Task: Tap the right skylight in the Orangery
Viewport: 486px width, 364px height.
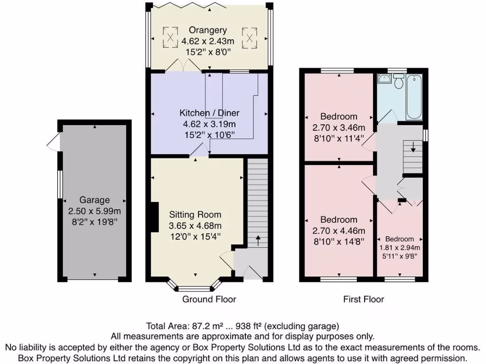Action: pos(248,37)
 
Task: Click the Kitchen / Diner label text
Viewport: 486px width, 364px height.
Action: pos(209,113)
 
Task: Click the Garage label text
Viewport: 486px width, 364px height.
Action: pos(94,200)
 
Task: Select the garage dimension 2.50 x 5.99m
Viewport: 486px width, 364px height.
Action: pos(94,211)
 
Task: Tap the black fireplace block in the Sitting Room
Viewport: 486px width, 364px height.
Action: pos(154,218)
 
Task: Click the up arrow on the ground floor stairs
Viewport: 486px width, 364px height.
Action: pos(258,239)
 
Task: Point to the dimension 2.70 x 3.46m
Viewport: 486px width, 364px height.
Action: pos(338,127)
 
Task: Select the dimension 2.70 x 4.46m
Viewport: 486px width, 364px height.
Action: pos(338,231)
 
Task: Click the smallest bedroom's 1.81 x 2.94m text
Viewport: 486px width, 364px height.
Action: pos(399,247)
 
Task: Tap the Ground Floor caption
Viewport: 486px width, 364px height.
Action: pos(209,299)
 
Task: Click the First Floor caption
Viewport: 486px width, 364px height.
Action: pos(364,299)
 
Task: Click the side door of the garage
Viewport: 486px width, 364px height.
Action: pos(54,141)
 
